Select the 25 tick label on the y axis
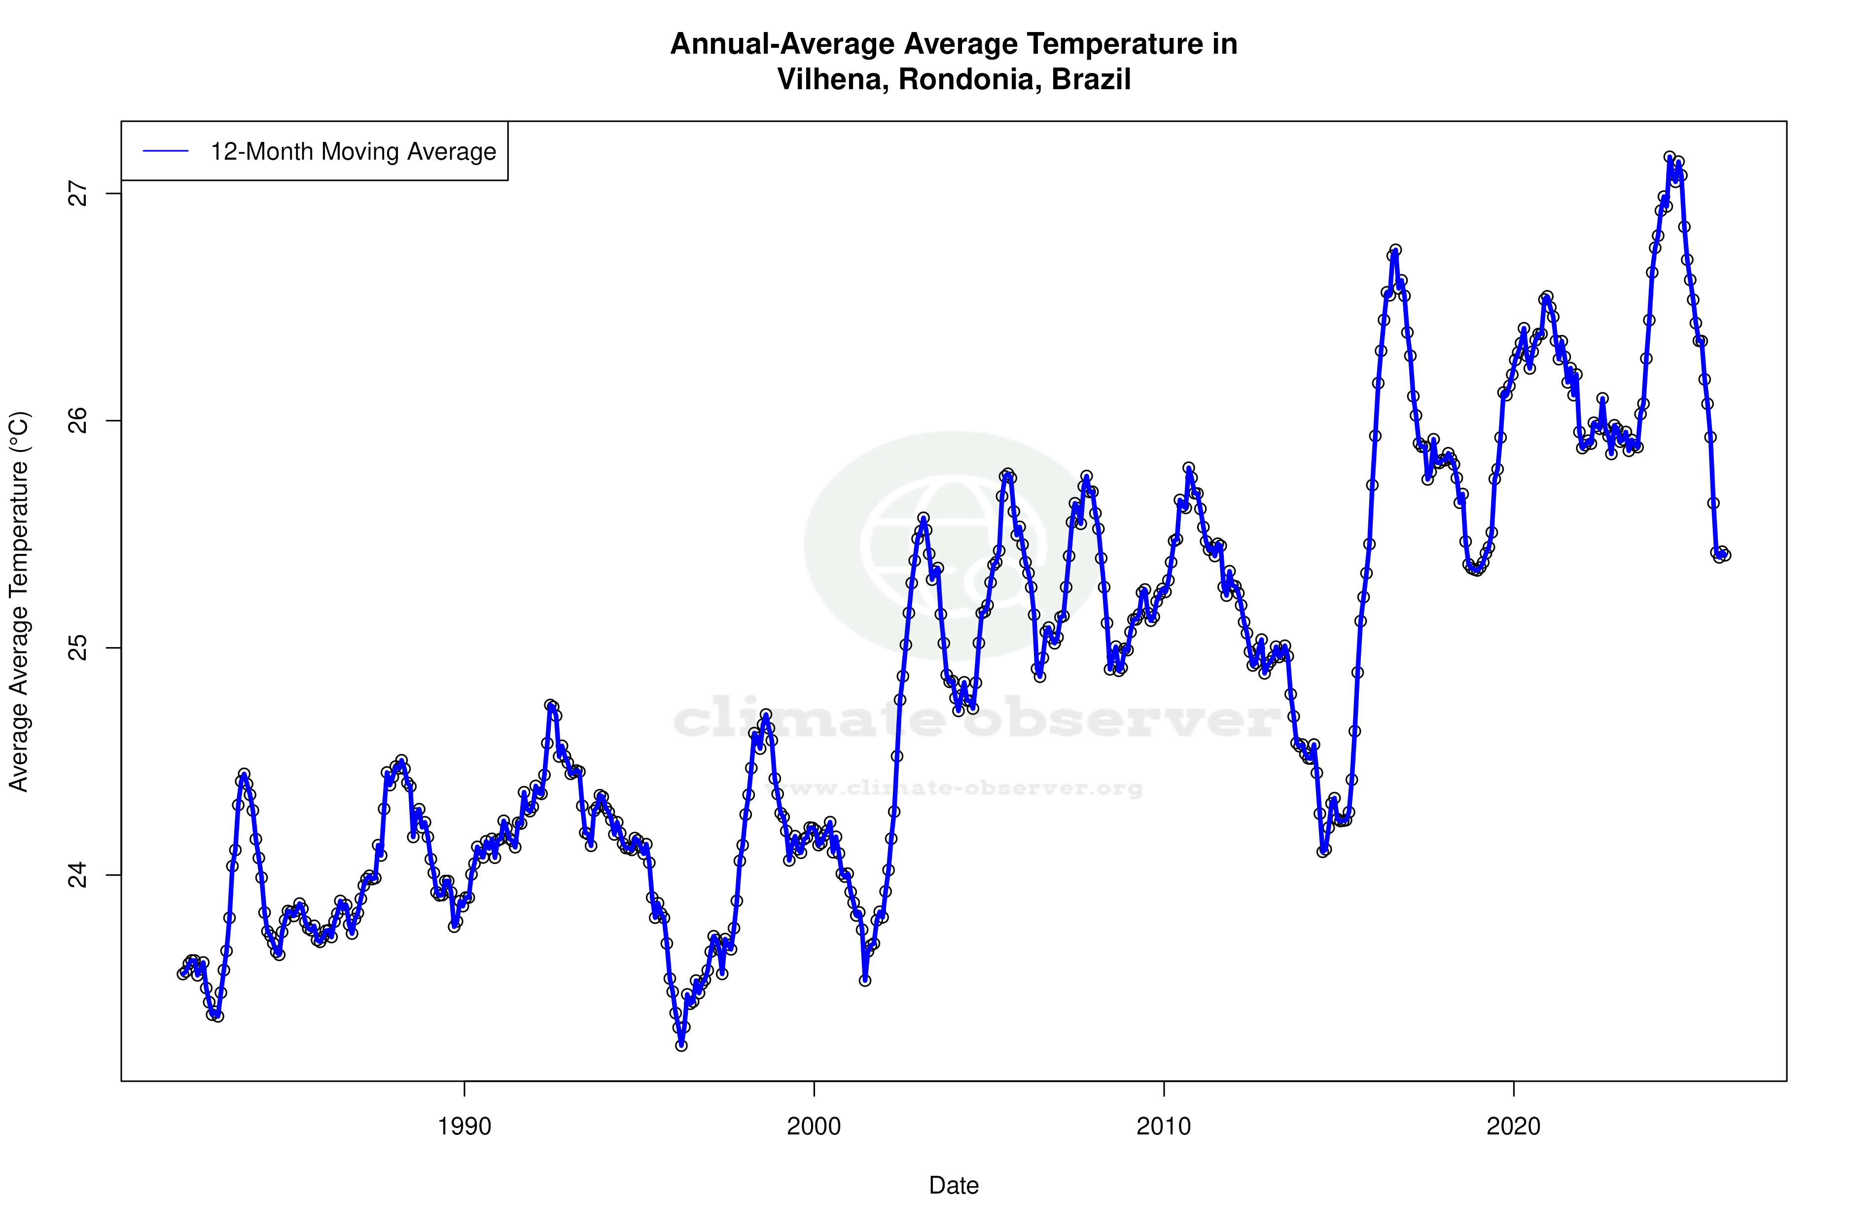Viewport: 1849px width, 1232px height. tap(77, 648)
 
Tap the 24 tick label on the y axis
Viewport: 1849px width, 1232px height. tap(77, 875)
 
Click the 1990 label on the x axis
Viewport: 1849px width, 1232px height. tap(464, 1127)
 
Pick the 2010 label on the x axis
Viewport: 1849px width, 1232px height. tap(1164, 1127)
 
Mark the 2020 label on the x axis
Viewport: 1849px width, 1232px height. tap(1513, 1127)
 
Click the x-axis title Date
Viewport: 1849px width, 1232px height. tap(954, 1186)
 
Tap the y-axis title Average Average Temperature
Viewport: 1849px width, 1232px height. tap(19, 601)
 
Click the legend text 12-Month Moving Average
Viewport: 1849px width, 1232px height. tap(353, 152)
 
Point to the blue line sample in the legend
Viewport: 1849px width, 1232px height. tap(165, 152)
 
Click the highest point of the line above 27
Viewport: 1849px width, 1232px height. tap(1670, 157)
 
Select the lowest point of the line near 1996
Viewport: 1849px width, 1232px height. tap(681, 1045)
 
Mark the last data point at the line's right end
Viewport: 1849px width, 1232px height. tap(1725, 555)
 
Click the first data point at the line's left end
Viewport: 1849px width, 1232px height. tap(182, 973)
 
